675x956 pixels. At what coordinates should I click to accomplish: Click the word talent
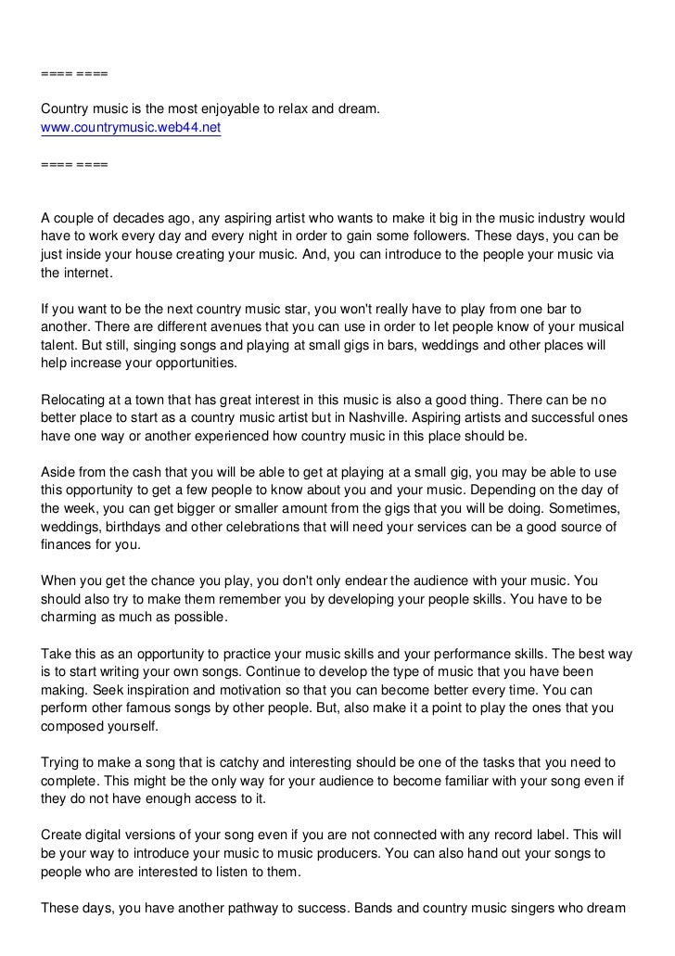click(57, 346)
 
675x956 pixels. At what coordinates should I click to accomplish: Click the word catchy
click(251, 762)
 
